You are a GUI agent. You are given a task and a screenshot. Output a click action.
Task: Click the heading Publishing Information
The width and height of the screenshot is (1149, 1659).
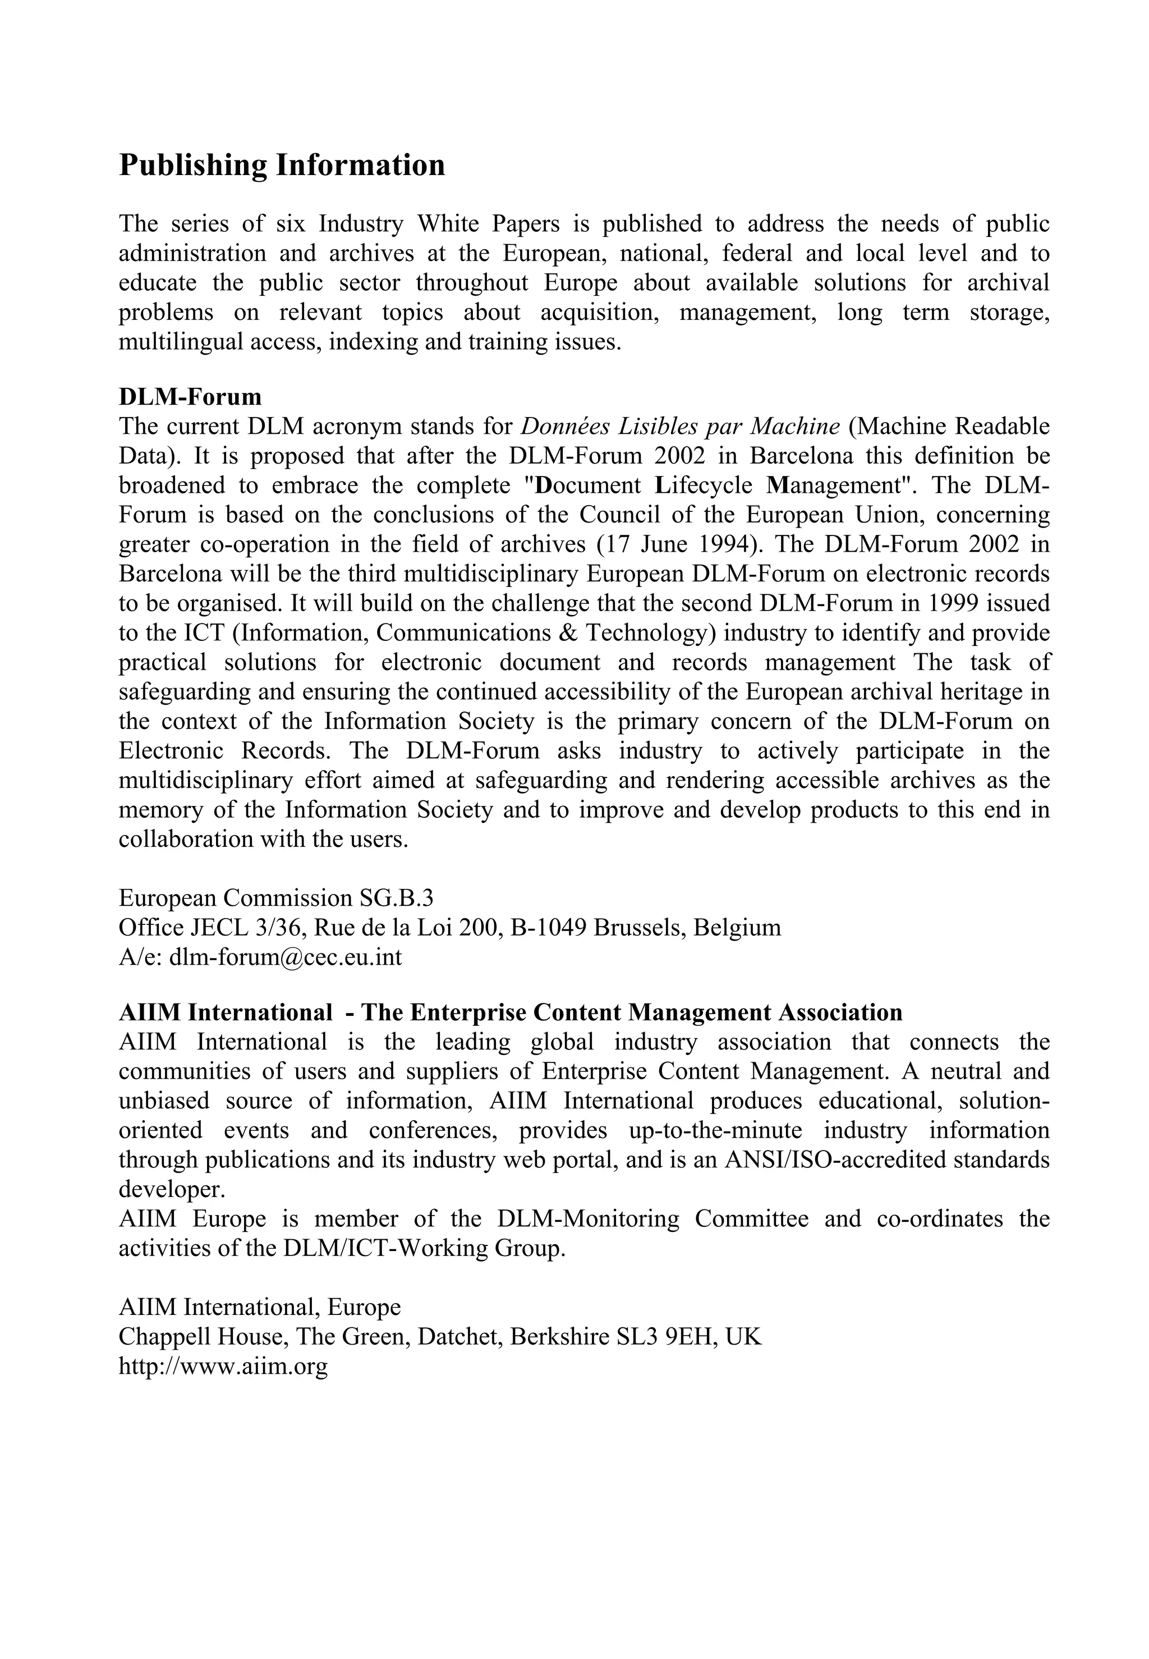(x=282, y=165)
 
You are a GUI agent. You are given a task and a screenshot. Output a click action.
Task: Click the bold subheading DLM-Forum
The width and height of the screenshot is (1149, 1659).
(x=190, y=397)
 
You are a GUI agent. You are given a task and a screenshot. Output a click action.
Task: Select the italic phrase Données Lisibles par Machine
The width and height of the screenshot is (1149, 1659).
(x=679, y=427)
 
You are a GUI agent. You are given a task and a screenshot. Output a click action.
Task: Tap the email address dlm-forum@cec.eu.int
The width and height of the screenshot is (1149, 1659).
(x=285, y=957)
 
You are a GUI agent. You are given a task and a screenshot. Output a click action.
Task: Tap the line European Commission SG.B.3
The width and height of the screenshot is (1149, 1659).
(x=275, y=898)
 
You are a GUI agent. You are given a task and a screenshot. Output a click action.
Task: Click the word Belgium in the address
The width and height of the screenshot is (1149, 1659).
(x=737, y=927)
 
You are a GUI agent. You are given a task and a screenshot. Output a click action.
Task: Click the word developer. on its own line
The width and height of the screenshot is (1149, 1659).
(x=161, y=1189)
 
